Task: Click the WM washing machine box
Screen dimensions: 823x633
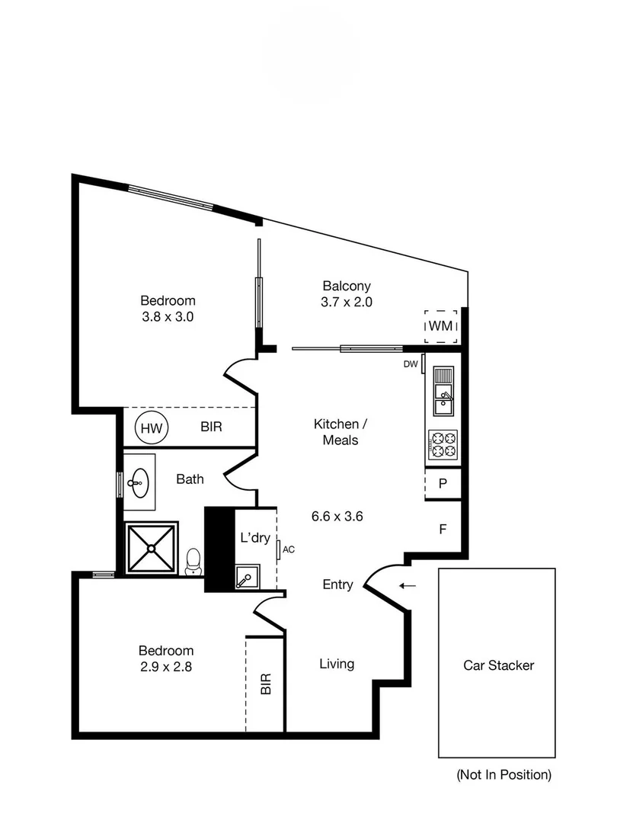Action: pyautogui.click(x=441, y=325)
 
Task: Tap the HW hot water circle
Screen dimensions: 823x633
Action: pyautogui.click(x=152, y=428)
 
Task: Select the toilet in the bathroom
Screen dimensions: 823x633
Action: pyautogui.click(x=194, y=561)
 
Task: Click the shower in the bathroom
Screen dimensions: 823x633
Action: pyautogui.click(x=151, y=547)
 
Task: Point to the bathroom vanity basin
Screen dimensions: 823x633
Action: pyautogui.click(x=139, y=482)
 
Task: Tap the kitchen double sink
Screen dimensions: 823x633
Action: pyautogui.click(x=443, y=390)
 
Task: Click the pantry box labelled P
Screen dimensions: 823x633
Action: pyautogui.click(x=443, y=484)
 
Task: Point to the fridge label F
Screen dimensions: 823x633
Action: pyautogui.click(x=443, y=527)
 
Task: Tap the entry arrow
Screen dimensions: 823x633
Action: pyautogui.click(x=408, y=585)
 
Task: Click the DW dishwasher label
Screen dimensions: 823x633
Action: pyautogui.click(x=411, y=364)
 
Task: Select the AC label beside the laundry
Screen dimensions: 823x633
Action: pyautogui.click(x=288, y=548)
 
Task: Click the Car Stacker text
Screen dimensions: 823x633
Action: pyautogui.click(x=498, y=665)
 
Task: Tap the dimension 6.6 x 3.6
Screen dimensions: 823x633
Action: pyautogui.click(x=337, y=516)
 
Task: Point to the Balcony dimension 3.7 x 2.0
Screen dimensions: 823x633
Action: pyautogui.click(x=347, y=301)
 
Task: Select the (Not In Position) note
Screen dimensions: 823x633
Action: pyautogui.click(x=504, y=775)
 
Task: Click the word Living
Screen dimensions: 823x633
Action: pyautogui.click(x=336, y=664)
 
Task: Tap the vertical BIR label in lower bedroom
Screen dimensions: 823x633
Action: pyautogui.click(x=266, y=684)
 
